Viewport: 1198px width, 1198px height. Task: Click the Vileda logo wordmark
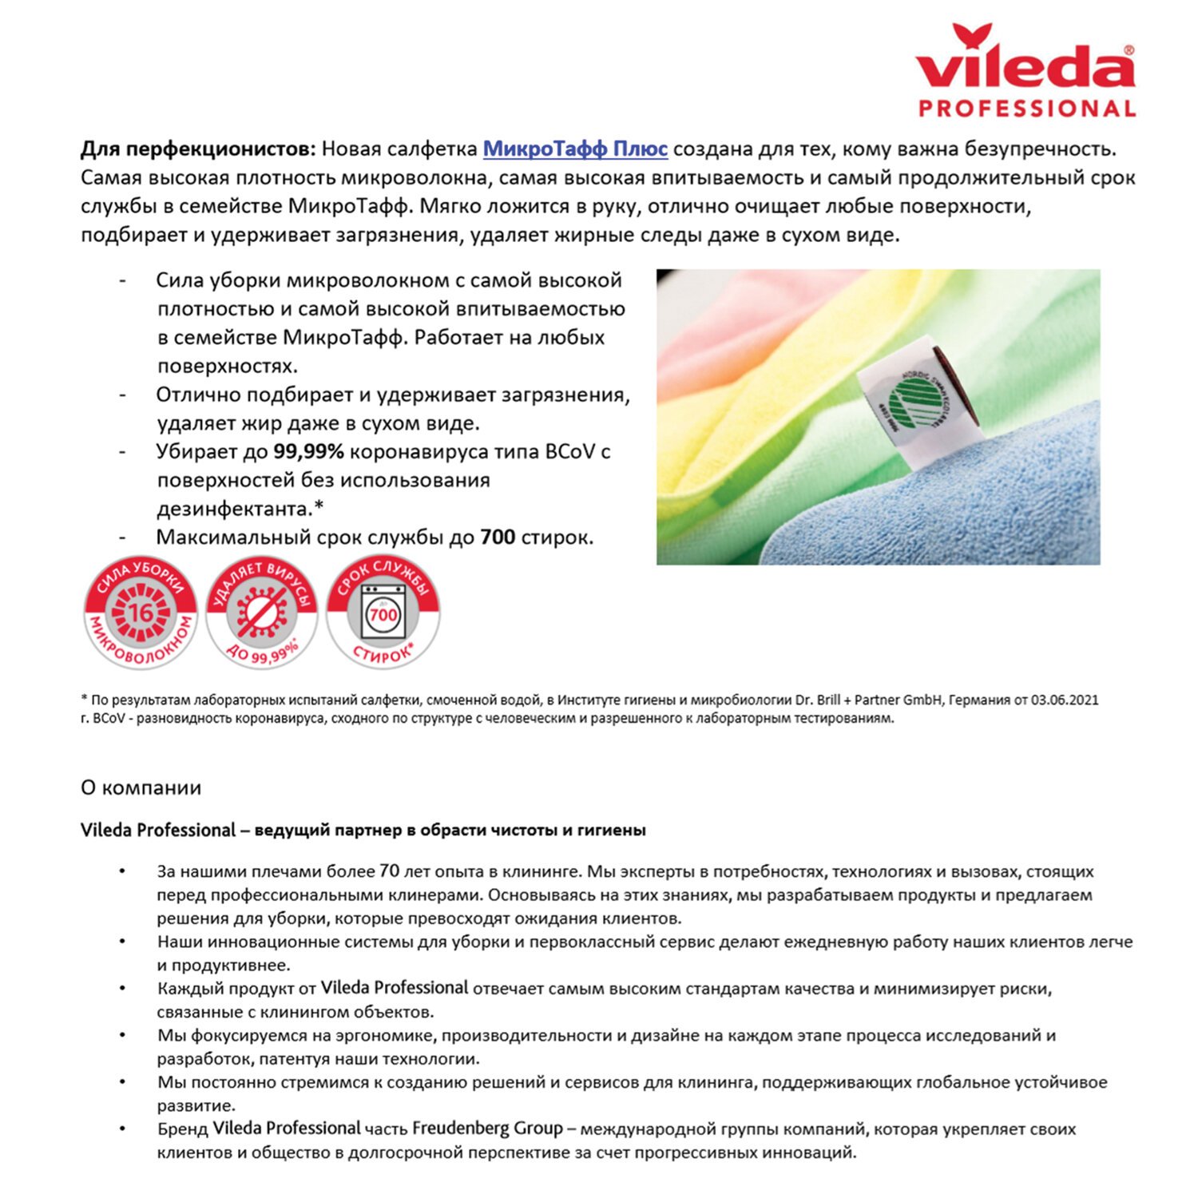1025,64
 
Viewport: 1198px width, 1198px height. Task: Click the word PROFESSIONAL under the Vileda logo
1027,109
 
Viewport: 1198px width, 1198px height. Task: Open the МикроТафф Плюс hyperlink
575,149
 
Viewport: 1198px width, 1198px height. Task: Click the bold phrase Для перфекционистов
198,149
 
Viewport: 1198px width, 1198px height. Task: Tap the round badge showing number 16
141,613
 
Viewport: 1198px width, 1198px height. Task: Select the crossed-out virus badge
261,613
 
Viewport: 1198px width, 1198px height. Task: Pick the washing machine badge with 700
383,613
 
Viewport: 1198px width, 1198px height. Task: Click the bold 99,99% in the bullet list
308,452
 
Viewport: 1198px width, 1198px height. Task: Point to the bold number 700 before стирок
497,538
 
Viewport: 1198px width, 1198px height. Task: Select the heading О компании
141,787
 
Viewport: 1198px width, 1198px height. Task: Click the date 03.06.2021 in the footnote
1064,700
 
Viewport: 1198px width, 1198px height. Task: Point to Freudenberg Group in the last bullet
487,1129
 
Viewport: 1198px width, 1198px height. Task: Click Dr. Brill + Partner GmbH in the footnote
870,700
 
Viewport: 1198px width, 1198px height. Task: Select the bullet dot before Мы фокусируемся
122,1035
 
